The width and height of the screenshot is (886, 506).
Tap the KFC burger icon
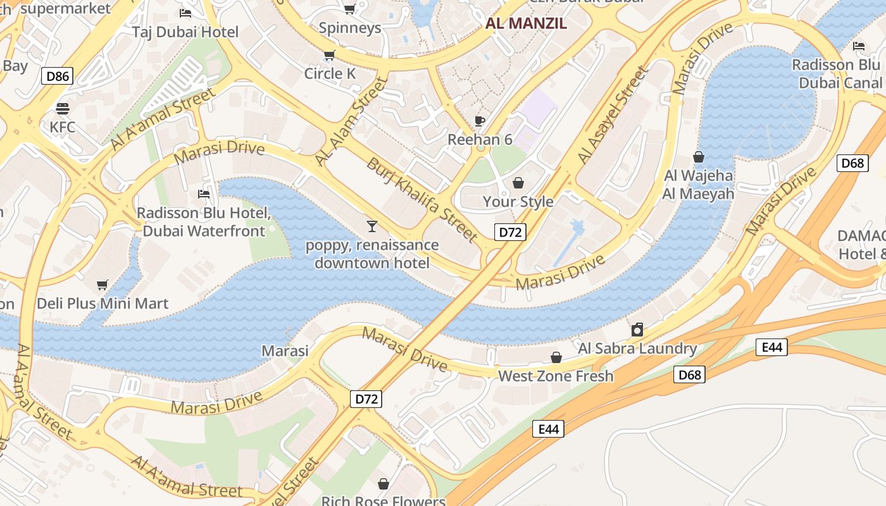click(x=62, y=108)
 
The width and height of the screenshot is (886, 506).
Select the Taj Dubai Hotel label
click(x=185, y=32)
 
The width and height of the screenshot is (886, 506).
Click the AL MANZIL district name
click(x=526, y=24)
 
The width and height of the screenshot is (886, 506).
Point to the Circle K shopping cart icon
click(x=329, y=56)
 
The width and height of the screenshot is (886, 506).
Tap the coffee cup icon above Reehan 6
click(x=480, y=121)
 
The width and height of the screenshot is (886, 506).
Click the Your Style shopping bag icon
click(x=518, y=183)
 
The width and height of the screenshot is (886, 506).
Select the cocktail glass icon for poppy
click(x=371, y=226)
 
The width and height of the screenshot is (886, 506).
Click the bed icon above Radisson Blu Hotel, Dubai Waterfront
click(x=203, y=194)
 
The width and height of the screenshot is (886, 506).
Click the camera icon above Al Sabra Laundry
click(x=637, y=330)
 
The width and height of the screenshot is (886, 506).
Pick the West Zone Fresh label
click(x=556, y=376)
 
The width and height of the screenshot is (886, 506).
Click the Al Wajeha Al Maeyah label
click(x=699, y=185)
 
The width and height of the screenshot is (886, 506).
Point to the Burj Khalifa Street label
click(x=421, y=199)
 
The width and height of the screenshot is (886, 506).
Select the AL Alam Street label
click(x=350, y=121)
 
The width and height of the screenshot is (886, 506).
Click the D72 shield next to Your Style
click(x=510, y=232)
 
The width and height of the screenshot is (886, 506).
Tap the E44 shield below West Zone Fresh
click(x=548, y=429)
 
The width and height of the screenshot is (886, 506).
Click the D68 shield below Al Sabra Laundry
click(x=689, y=374)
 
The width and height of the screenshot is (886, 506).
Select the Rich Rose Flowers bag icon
click(x=384, y=484)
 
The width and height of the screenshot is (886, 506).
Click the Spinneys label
click(x=350, y=28)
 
